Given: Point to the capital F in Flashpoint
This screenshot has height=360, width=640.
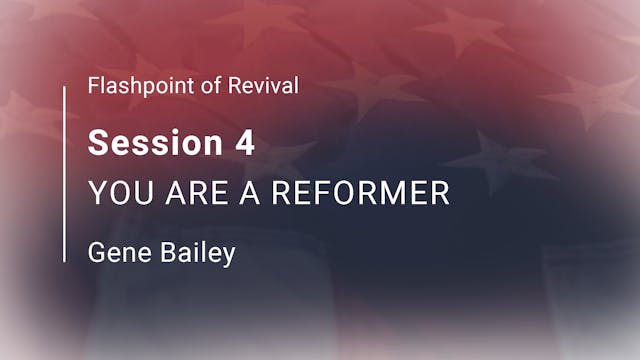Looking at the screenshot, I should click(x=93, y=86).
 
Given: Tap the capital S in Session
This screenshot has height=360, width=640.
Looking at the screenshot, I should click(x=97, y=143).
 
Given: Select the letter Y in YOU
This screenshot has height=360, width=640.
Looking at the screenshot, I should click(x=96, y=194).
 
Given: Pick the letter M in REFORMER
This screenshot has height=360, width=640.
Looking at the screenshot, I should click(x=384, y=194).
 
